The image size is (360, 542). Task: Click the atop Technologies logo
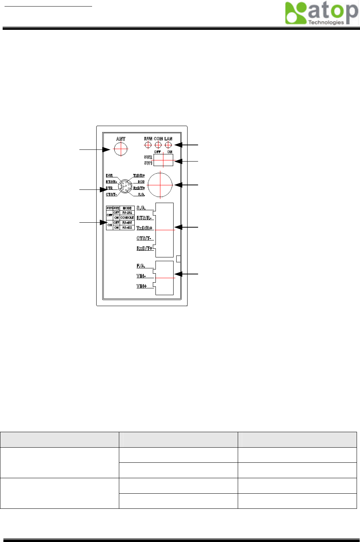(321, 13)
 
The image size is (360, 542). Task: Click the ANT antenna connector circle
(121, 149)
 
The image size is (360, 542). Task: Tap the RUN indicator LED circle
(148, 145)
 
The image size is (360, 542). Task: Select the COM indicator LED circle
(158, 145)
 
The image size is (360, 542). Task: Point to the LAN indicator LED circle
(168, 145)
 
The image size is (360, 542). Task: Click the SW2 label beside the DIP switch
(148, 157)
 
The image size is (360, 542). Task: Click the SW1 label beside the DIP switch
(148, 163)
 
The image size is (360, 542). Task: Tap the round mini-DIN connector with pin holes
(125, 186)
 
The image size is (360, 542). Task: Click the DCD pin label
(141, 182)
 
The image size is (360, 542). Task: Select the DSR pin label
(109, 176)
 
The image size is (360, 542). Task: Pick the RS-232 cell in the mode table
(127, 213)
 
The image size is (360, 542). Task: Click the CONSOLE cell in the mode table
(127, 218)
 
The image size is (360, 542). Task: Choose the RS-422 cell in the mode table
(127, 228)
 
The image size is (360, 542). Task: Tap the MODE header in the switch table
(127, 208)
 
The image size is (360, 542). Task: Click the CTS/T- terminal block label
(144, 238)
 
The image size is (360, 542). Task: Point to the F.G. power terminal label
(141, 266)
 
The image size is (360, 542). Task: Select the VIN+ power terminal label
(142, 286)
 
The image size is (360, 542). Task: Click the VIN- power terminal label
(141, 276)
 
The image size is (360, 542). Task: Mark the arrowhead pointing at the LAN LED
(178, 145)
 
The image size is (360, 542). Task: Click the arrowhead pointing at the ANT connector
(106, 149)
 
